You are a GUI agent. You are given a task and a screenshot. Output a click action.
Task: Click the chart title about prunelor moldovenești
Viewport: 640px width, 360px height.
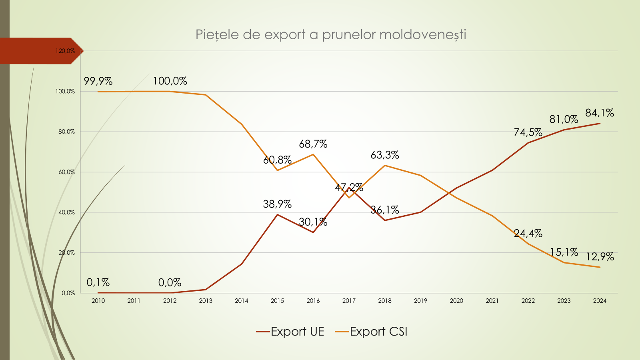(x=331, y=35)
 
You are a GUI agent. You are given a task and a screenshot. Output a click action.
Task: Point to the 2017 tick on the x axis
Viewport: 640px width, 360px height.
(x=349, y=301)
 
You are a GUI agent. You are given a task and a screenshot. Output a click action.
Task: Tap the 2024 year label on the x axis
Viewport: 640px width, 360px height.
(x=600, y=301)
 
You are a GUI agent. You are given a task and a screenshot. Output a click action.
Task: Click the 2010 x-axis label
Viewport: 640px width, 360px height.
(x=98, y=301)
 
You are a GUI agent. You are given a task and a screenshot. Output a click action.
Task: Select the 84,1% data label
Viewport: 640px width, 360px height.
(x=600, y=113)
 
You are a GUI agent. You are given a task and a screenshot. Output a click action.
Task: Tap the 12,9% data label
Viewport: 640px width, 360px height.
(x=600, y=257)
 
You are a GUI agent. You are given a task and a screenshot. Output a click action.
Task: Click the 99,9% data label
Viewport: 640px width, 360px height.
(x=98, y=81)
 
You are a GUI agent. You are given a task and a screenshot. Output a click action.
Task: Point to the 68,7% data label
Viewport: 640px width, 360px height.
(x=313, y=144)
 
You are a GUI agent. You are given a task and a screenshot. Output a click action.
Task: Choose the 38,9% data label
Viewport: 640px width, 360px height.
(x=277, y=204)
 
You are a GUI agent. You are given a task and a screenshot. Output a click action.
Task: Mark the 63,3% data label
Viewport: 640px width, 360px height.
(x=385, y=155)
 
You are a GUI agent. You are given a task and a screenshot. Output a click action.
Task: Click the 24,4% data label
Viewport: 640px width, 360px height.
(x=528, y=233)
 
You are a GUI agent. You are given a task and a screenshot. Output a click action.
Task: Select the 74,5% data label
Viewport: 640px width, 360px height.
(x=528, y=132)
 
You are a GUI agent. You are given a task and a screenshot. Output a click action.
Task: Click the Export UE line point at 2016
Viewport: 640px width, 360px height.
(x=313, y=232)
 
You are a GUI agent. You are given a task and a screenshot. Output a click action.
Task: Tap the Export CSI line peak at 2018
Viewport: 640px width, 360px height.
(x=385, y=165)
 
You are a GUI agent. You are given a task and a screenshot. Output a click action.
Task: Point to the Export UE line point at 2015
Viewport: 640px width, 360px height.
(x=277, y=215)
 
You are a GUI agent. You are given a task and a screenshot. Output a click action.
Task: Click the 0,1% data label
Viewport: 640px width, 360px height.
(x=98, y=282)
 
